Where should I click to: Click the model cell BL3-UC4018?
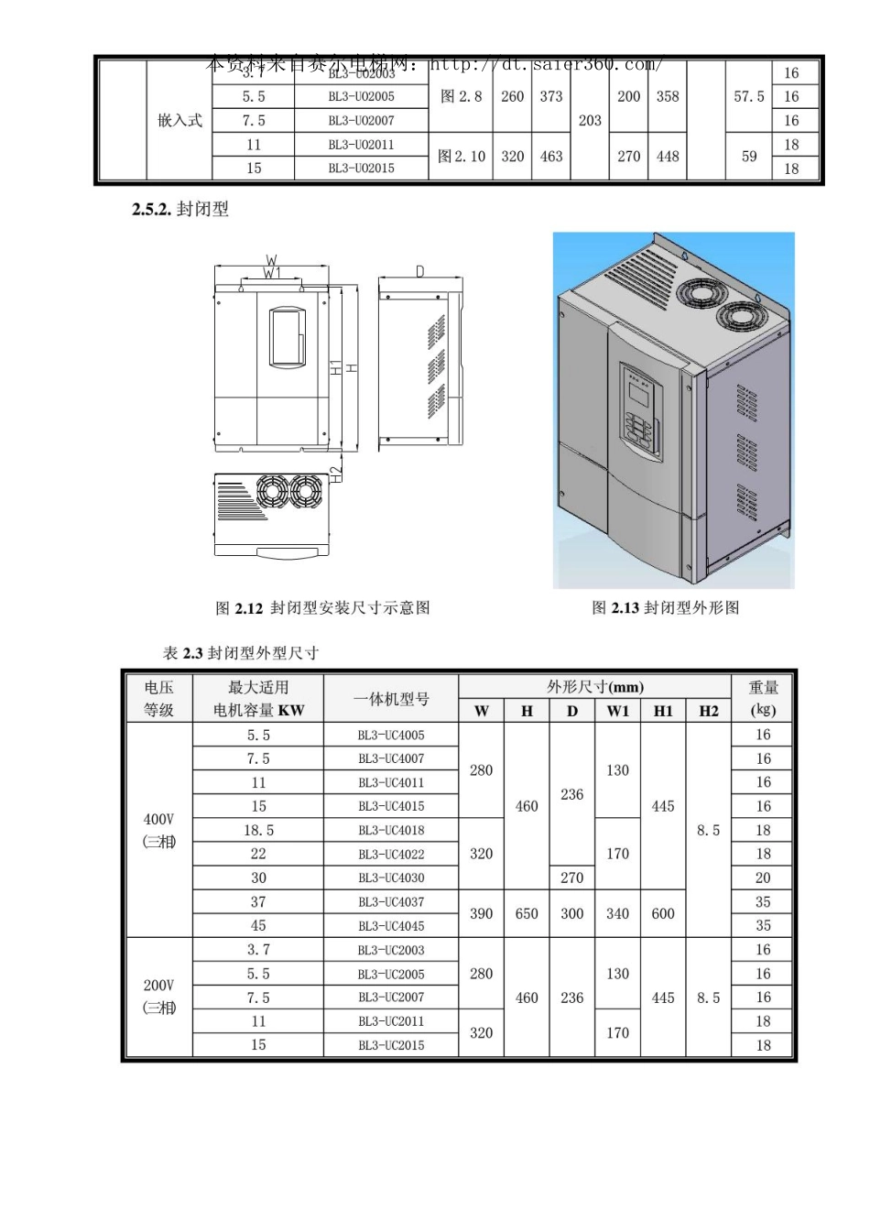(391, 830)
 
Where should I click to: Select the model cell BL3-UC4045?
(391, 925)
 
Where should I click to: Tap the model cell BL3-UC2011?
(391, 1021)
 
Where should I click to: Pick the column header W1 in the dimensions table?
(618, 711)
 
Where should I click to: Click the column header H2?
(709, 711)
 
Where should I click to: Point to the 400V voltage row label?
(158, 830)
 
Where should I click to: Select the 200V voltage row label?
(158, 997)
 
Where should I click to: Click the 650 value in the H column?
(527, 913)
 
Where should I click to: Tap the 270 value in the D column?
(572, 878)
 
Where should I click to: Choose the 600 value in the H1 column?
(663, 913)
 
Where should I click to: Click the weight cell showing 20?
(763, 878)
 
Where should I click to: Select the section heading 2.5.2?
(180, 210)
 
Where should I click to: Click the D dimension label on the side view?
(419, 271)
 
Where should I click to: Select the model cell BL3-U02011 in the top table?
(361, 145)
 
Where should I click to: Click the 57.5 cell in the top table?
(748, 96)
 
